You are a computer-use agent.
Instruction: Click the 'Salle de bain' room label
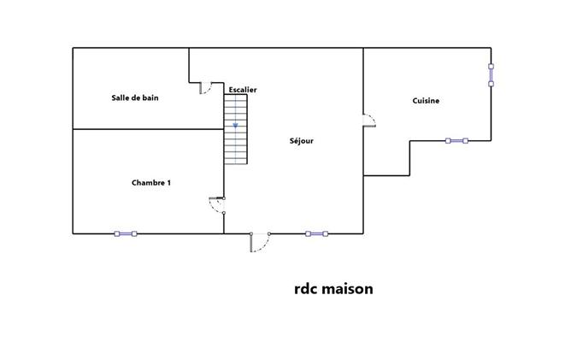coord(135,97)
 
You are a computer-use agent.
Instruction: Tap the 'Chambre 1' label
coord(150,182)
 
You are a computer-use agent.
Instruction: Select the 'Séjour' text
coord(301,141)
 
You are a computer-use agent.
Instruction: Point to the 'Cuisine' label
coord(426,101)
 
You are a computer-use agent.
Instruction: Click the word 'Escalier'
coord(242,90)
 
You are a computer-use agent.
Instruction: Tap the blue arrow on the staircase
coord(235,126)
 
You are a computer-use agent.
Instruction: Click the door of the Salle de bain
coord(205,87)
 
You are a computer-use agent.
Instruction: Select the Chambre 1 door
coord(217,204)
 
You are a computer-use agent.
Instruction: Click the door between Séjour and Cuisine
coord(369,121)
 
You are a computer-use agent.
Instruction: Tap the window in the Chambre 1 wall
coord(126,233)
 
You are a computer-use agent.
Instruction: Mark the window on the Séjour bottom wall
coord(316,233)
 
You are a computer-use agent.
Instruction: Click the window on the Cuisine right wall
coord(491,74)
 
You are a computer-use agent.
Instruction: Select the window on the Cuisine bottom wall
coord(456,140)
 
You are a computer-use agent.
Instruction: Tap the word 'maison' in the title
coord(348,289)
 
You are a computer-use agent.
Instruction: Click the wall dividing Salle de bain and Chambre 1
coord(145,129)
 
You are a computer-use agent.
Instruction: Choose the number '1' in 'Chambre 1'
coord(168,182)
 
